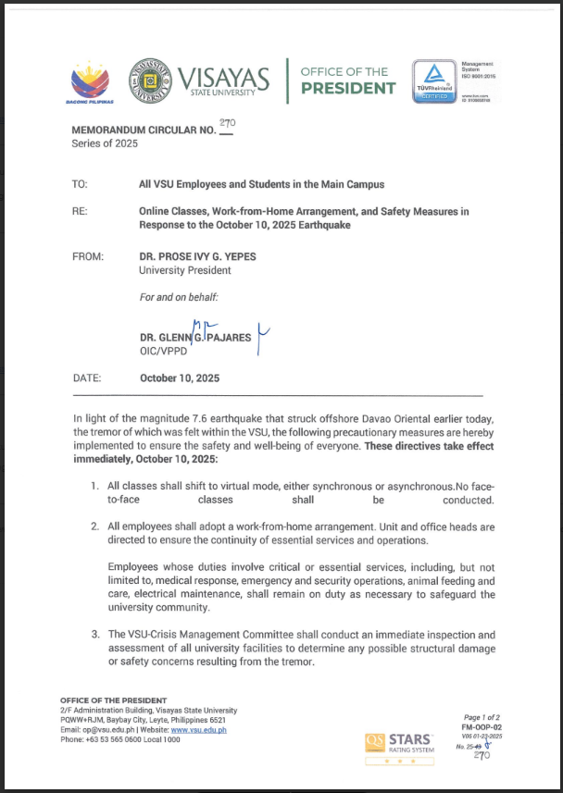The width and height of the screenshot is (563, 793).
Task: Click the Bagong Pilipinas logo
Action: pyautogui.click(x=91, y=82)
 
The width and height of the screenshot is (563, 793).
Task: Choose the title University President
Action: pyautogui.click(x=185, y=270)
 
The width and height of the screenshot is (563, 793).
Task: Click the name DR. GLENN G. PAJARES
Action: pyautogui.click(x=195, y=339)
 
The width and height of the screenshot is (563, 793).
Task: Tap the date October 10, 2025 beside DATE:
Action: pyautogui.click(x=180, y=378)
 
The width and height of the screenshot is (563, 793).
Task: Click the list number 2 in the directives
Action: pyautogui.click(x=94, y=527)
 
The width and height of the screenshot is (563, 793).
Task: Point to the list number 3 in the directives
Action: pyautogui.click(x=94, y=634)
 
